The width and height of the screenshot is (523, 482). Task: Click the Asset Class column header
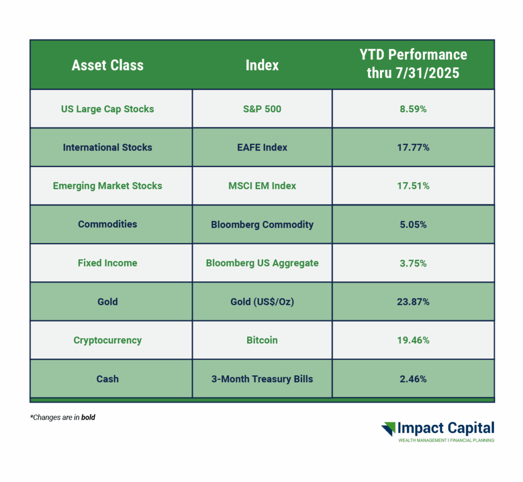click(107, 65)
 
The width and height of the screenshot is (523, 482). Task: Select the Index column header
click(262, 65)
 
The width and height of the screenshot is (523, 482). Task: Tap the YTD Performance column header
click(413, 64)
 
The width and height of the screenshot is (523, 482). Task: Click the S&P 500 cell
click(262, 109)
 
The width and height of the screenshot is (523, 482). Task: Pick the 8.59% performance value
click(413, 109)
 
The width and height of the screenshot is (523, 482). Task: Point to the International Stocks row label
click(107, 148)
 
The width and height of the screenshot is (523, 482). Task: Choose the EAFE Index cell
click(262, 148)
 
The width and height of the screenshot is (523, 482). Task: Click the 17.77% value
click(413, 148)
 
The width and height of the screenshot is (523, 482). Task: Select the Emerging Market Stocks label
click(107, 186)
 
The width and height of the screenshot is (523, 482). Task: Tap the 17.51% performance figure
click(413, 186)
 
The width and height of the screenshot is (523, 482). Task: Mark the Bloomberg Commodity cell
click(262, 225)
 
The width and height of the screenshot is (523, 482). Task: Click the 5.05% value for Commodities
click(413, 225)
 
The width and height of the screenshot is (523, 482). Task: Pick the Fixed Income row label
click(107, 263)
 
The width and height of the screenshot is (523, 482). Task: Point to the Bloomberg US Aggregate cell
click(262, 263)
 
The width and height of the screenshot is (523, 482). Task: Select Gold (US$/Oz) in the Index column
click(262, 302)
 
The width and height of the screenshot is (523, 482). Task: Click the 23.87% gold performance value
click(413, 302)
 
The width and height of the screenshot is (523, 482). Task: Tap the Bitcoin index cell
click(262, 341)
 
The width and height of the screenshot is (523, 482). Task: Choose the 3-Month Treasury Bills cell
click(262, 379)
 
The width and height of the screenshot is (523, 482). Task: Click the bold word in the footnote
click(88, 417)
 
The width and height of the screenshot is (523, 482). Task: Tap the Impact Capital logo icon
click(388, 429)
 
